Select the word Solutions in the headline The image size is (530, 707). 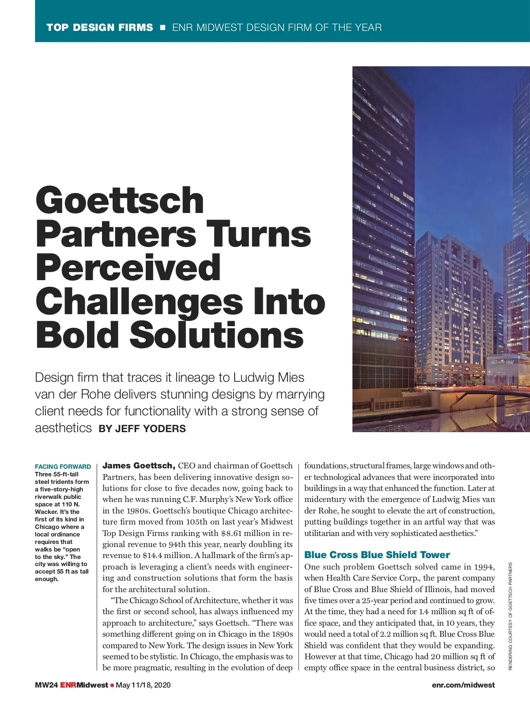tap(216, 334)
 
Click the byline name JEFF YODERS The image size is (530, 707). tap(150, 429)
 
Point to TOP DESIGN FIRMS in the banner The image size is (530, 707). tap(100, 27)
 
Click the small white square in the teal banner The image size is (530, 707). tap(163, 27)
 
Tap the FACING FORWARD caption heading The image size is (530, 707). tap(63, 467)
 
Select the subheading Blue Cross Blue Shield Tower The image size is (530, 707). tap(377, 555)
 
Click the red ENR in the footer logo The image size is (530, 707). tap(68, 685)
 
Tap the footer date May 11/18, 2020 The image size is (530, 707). tap(143, 685)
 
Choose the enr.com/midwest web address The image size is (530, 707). tap(463, 685)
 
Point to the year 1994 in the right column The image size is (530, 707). tap(485, 567)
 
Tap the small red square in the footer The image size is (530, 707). tap(112, 685)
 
